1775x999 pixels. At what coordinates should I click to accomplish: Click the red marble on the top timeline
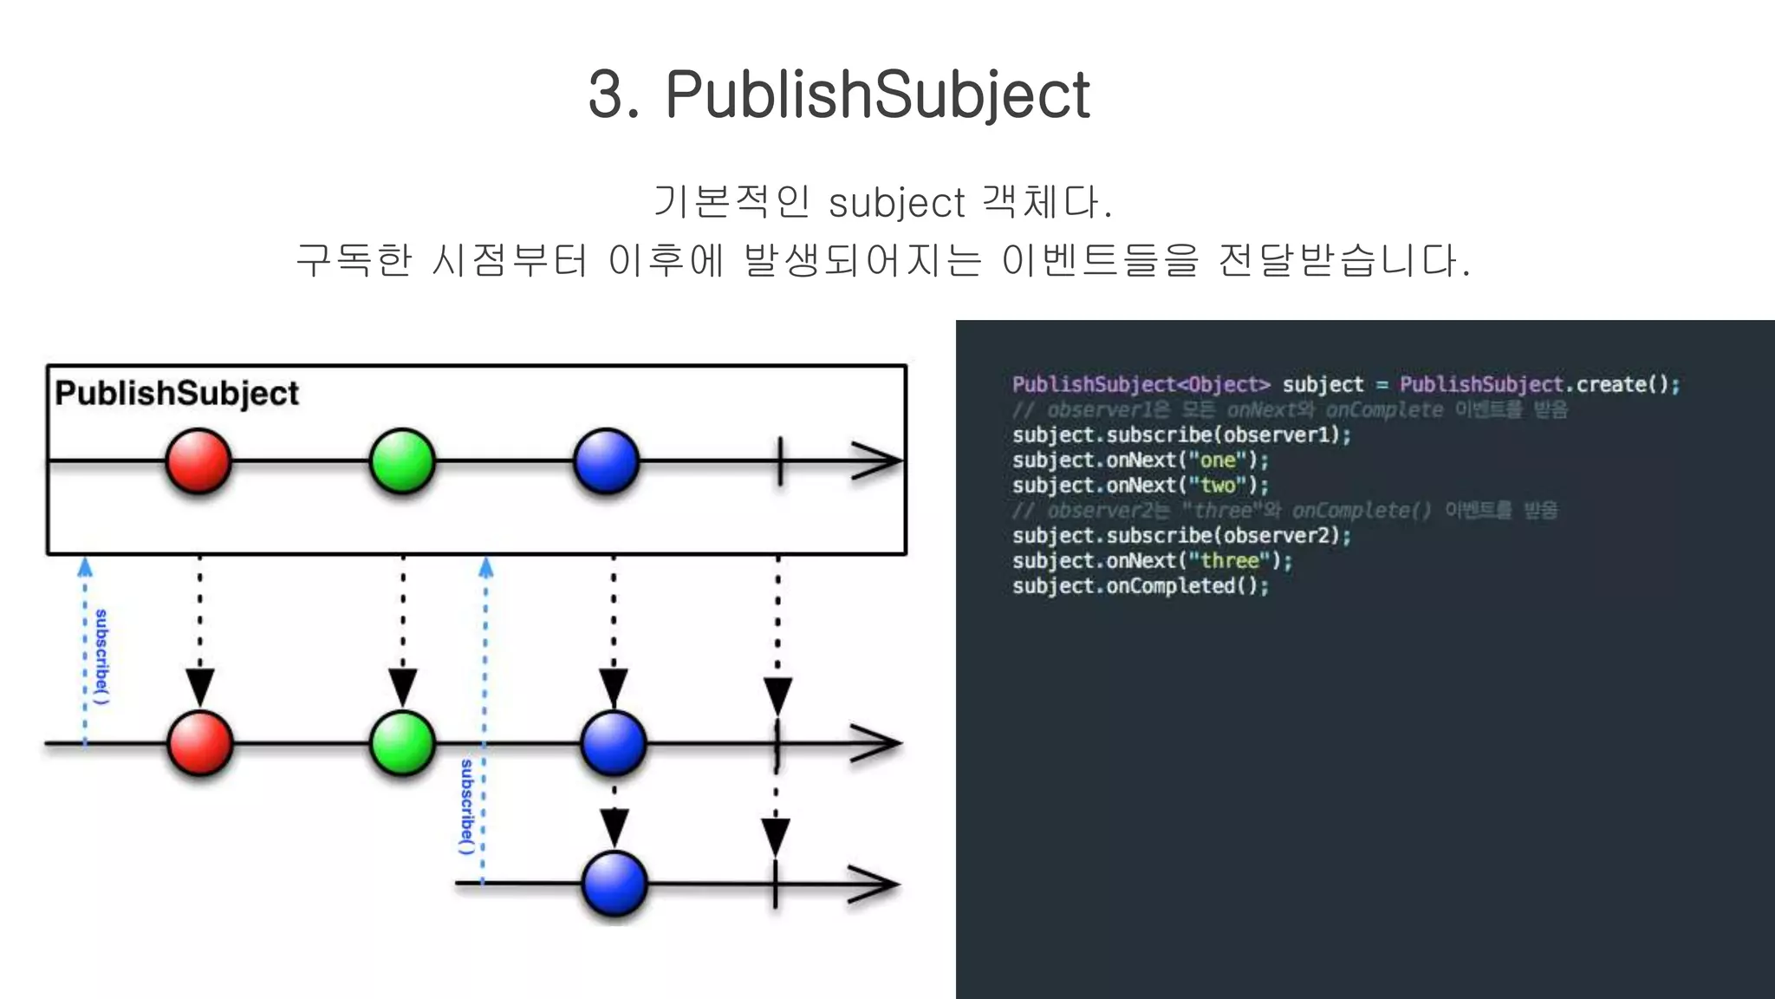click(198, 460)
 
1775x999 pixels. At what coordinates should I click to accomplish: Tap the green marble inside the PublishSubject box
click(402, 460)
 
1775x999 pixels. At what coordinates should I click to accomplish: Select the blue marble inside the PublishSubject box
click(606, 460)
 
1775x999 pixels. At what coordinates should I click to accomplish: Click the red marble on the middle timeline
click(200, 743)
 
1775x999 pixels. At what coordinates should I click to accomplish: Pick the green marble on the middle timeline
click(402, 743)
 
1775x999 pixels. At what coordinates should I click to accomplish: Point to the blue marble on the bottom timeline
click(614, 884)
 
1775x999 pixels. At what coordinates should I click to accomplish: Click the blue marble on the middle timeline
click(614, 743)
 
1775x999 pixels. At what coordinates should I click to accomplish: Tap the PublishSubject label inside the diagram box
click(177, 393)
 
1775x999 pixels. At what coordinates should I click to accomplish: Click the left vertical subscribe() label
click(101, 656)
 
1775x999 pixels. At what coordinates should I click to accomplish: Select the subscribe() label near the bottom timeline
click(467, 806)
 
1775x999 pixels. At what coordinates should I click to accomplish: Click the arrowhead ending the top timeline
click(877, 460)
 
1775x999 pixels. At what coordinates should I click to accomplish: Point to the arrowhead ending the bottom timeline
click(874, 885)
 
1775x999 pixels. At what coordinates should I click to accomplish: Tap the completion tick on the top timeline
click(780, 460)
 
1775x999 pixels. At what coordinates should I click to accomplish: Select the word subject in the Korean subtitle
click(896, 204)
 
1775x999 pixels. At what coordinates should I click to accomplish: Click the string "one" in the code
click(1217, 460)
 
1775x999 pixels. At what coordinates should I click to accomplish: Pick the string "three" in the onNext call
click(1229, 561)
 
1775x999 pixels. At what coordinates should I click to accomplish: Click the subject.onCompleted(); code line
click(1140, 586)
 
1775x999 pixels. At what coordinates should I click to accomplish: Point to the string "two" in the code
click(1217, 486)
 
